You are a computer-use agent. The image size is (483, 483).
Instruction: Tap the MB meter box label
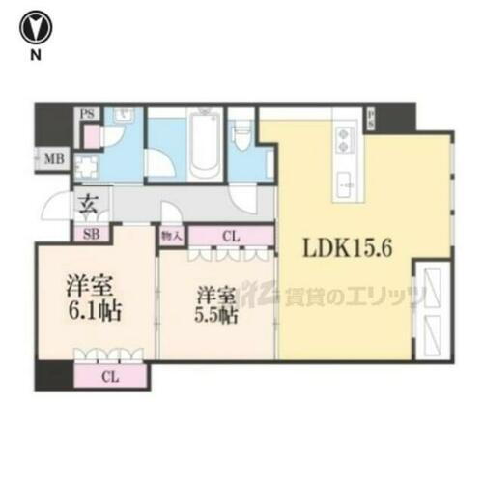[x=52, y=159]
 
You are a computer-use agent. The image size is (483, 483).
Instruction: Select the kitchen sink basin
[x=345, y=180]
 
